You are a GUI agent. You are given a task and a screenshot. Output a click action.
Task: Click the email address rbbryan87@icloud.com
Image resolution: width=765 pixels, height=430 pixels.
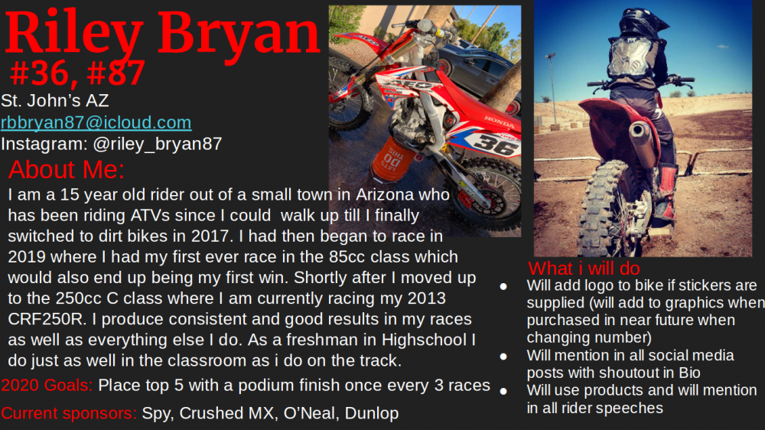click(x=96, y=122)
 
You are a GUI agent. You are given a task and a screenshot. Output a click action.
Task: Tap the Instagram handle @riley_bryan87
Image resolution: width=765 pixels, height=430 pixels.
click(x=158, y=144)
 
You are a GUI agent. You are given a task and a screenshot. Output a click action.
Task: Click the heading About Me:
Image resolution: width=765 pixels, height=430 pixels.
click(x=67, y=169)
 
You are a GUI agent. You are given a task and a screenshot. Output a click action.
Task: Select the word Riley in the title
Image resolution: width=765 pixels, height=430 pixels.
click(x=74, y=33)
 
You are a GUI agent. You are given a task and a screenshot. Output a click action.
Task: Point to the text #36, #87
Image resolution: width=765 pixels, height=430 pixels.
click(x=77, y=73)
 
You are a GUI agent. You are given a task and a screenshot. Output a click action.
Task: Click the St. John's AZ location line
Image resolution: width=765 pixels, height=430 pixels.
click(x=54, y=100)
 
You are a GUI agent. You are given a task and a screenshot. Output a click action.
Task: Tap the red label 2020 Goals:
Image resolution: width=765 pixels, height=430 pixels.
click(x=47, y=385)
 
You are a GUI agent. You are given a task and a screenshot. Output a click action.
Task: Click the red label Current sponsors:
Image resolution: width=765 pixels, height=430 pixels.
click(x=69, y=413)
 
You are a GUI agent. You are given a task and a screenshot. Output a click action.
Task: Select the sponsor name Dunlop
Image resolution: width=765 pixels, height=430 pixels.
click(x=372, y=413)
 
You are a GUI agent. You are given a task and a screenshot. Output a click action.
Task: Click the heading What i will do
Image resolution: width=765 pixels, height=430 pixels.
click(x=584, y=268)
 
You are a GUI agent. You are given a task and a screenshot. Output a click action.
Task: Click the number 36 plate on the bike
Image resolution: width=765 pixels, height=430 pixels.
click(x=494, y=144)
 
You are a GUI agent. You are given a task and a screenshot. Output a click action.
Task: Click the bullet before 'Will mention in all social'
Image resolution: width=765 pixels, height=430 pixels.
click(x=503, y=357)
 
